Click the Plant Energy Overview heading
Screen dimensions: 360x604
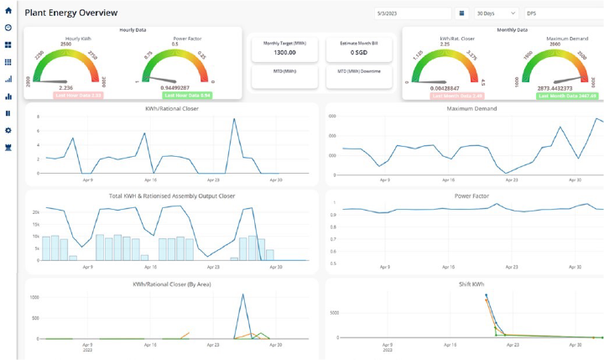[71, 13]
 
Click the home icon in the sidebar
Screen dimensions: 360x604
[8, 11]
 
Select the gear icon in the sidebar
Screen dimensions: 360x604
[8, 130]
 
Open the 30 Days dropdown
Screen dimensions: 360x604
[496, 13]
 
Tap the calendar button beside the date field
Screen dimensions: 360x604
[461, 13]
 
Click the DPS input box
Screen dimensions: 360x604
[562, 13]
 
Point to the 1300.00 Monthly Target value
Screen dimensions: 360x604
[284, 52]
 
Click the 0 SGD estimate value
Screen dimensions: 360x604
[358, 52]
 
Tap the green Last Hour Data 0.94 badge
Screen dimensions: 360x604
[180, 95]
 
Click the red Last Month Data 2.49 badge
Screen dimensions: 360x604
[458, 96]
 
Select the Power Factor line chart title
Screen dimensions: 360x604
[472, 196]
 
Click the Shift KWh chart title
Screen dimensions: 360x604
[472, 284]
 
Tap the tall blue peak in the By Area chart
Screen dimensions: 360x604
[242, 295]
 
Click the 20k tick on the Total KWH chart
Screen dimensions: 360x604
[36, 212]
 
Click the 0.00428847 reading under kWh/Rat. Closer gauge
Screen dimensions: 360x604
[445, 88]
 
